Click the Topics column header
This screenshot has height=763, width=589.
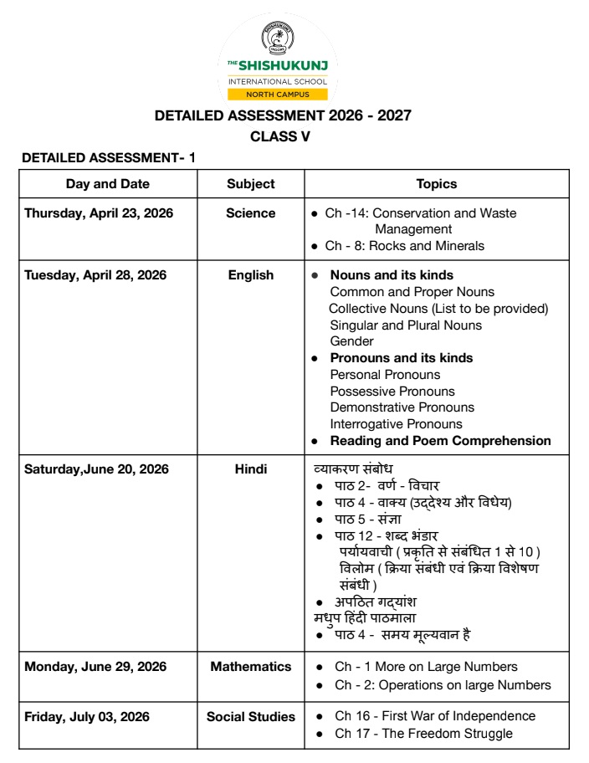tap(436, 184)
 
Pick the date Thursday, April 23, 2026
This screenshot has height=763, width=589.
tap(99, 213)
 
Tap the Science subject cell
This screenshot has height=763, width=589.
tap(250, 213)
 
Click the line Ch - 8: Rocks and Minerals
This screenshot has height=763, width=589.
tap(410, 246)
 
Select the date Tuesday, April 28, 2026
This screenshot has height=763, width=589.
tap(95, 274)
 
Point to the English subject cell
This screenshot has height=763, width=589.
tap(250, 274)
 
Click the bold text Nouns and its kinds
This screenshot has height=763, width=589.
tap(392, 274)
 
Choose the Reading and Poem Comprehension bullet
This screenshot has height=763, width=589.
tap(440, 441)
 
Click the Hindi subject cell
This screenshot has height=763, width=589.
tap(250, 469)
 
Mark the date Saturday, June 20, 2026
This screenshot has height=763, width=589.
tap(96, 469)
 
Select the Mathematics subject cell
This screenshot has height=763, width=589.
tap(250, 667)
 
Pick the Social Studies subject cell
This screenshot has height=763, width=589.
tap(251, 716)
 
